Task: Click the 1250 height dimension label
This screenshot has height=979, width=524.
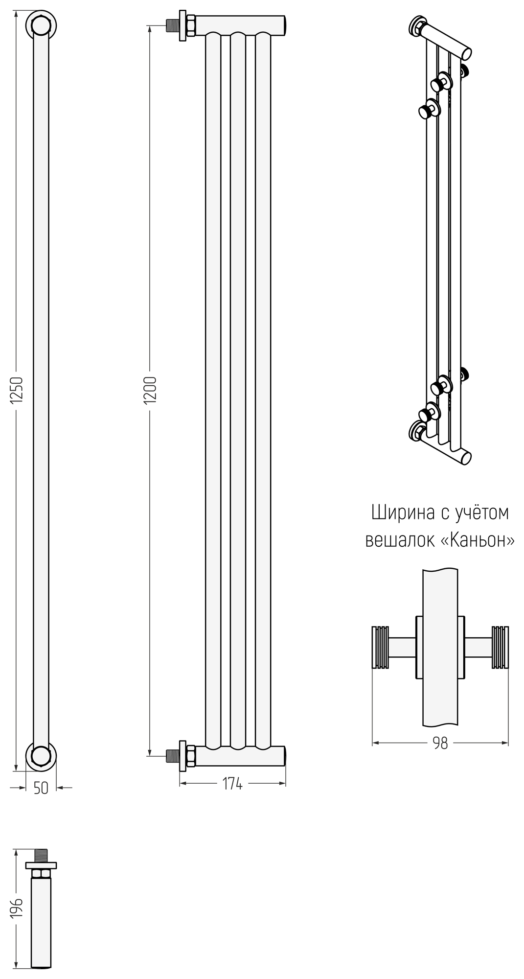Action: click(17, 390)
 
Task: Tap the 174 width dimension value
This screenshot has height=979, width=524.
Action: click(232, 784)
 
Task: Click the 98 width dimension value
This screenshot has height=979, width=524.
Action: click(440, 743)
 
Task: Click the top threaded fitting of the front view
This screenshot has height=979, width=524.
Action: click(173, 25)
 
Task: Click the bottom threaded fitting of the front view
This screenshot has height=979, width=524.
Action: click(173, 756)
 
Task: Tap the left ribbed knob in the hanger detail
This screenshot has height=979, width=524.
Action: click(380, 647)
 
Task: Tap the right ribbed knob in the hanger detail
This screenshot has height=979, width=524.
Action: click(500, 647)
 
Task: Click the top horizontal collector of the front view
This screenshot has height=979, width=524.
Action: click(240, 23)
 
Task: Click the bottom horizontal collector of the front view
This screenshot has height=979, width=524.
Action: click(240, 756)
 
